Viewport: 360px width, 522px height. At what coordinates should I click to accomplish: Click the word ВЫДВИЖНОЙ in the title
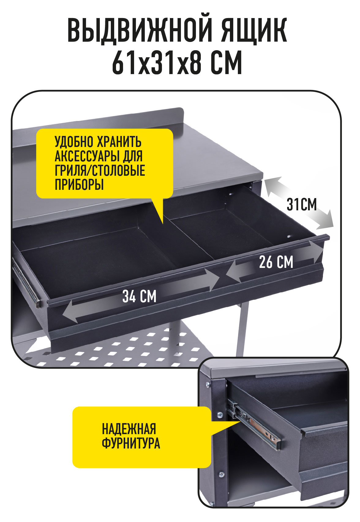tap(139, 31)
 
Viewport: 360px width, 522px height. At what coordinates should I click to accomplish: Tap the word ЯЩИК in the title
tap(254, 31)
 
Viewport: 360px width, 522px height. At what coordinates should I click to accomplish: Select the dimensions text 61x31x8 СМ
tap(177, 63)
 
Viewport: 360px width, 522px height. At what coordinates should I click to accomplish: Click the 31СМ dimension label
tap(302, 205)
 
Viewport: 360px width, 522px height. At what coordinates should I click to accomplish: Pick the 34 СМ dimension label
tap(139, 296)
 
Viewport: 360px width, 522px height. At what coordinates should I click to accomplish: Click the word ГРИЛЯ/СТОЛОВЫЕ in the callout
tap(100, 170)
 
